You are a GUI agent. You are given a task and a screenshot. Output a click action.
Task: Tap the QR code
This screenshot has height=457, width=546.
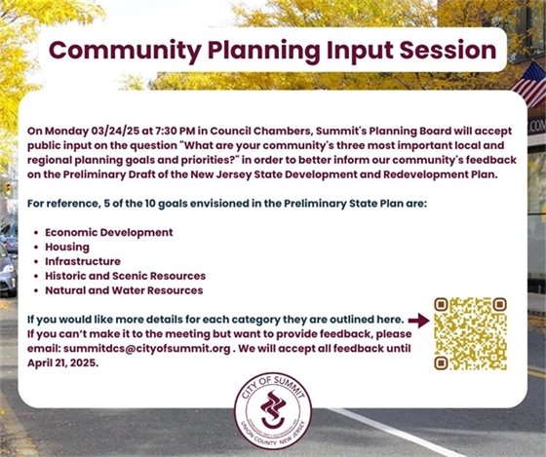(469, 333)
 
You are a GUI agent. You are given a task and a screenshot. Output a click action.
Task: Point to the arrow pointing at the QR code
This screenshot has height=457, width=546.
(418, 320)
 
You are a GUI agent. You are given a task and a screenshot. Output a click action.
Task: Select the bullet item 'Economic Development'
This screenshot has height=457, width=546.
(108, 233)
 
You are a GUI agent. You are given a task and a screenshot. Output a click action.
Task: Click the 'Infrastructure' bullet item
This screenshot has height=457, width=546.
(83, 261)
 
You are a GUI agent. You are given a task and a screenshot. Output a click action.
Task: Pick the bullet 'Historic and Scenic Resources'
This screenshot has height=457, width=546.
(125, 276)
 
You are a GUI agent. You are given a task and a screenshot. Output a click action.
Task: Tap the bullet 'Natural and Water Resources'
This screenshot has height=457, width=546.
(123, 290)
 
